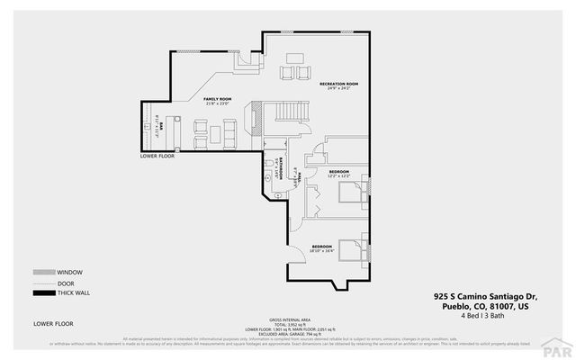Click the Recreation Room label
pyautogui.click(x=339, y=84)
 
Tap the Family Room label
pyautogui.click(x=218, y=98)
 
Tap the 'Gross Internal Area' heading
pyautogui.click(x=289, y=319)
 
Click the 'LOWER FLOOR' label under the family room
pyautogui.click(x=157, y=156)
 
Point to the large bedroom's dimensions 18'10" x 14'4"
pyautogui.click(x=323, y=250)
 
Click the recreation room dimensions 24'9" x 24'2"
pyautogui.click(x=339, y=89)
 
